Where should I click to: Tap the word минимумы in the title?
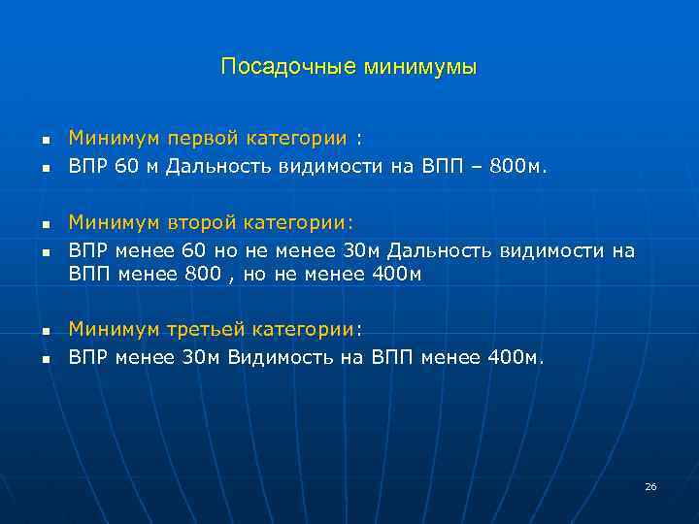point(420,67)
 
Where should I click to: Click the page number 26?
point(650,486)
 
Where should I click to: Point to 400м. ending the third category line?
point(516,357)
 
